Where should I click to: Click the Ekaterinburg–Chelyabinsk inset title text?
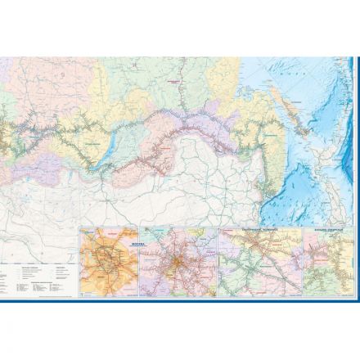coord(260,232)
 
